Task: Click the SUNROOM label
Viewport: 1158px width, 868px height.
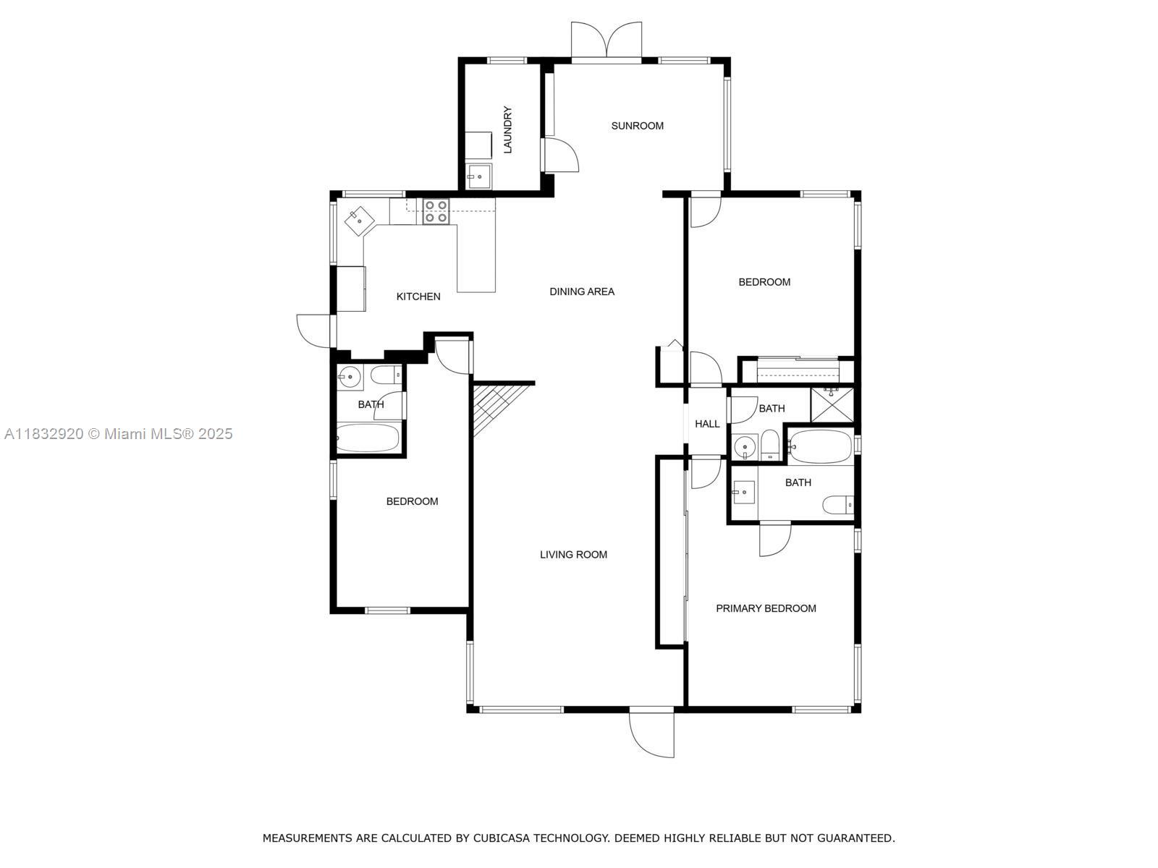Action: tap(637, 126)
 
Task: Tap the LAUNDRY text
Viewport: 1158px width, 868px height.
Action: tap(507, 129)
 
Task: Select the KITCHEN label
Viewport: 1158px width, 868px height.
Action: tap(418, 297)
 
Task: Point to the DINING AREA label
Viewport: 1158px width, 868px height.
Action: tap(582, 292)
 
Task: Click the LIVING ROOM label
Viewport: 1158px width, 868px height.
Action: tap(573, 554)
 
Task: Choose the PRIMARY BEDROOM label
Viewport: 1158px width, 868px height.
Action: tap(766, 608)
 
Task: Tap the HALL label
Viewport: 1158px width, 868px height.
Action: tap(707, 424)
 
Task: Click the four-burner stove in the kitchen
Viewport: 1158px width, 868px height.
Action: tap(436, 211)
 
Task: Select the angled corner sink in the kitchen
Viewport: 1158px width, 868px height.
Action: tap(359, 221)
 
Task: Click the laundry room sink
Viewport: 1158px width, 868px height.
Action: tap(479, 176)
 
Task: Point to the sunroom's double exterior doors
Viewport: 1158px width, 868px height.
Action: tap(607, 41)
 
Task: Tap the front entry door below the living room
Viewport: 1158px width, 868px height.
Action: tap(651, 734)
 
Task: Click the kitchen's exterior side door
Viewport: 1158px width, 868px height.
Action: tap(316, 331)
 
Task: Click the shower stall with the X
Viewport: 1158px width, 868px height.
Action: tap(832, 405)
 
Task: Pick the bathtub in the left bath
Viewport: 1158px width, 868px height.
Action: tap(367, 438)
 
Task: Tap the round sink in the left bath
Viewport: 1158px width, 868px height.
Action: tap(350, 378)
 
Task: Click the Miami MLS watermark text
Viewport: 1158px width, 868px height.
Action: tap(118, 434)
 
